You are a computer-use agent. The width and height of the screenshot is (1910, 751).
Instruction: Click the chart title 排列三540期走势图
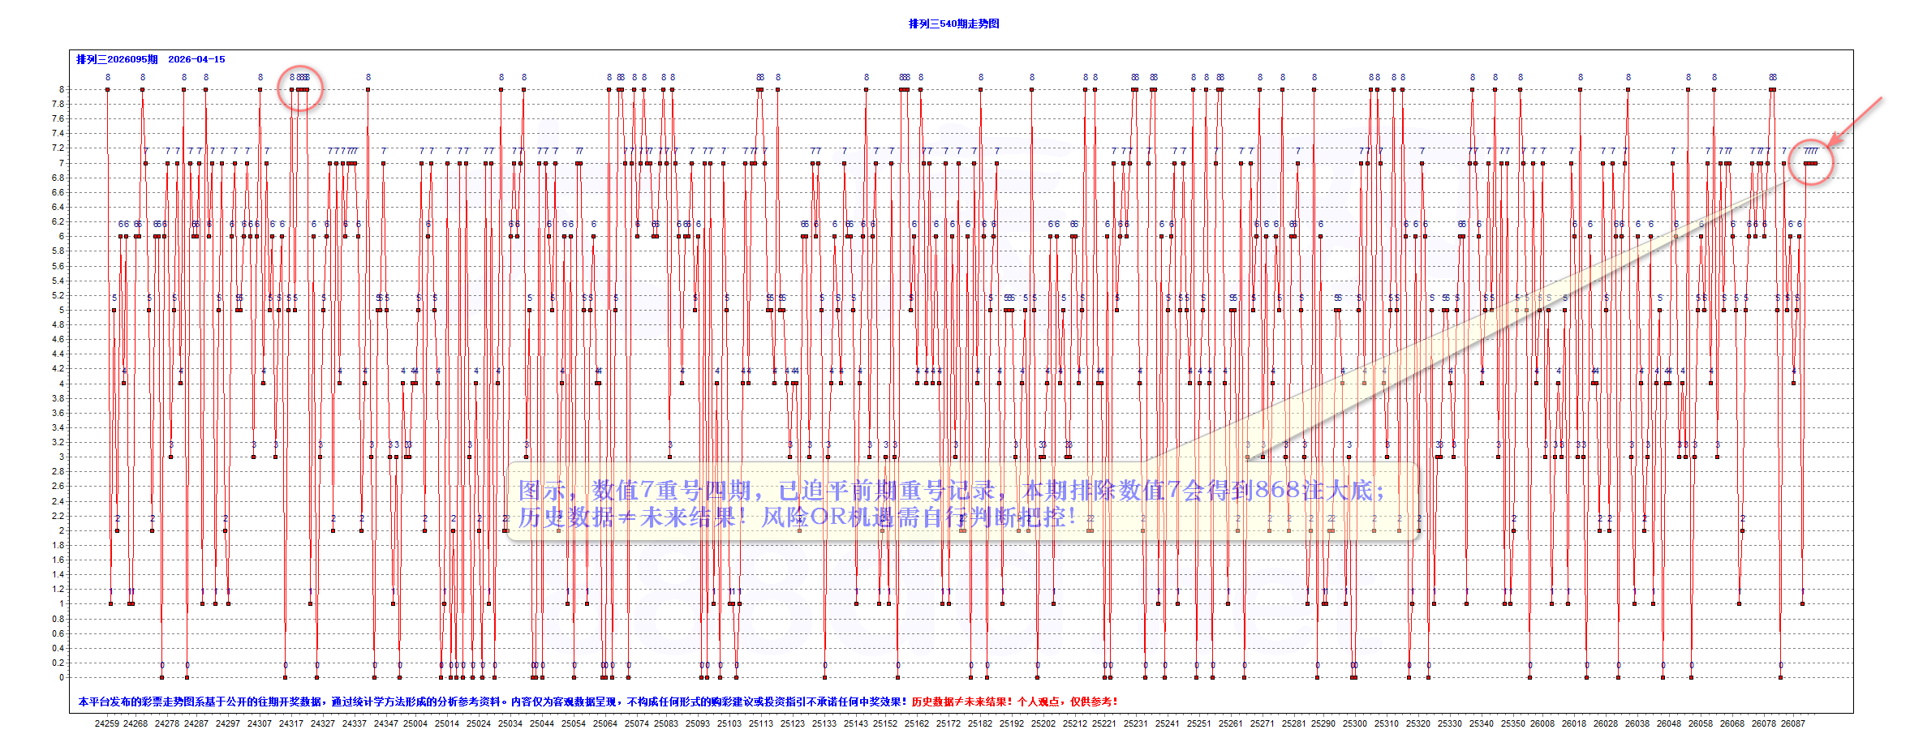click(953, 24)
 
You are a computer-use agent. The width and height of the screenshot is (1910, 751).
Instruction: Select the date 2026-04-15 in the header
click(196, 59)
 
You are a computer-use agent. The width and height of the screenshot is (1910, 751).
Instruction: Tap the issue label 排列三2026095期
click(117, 59)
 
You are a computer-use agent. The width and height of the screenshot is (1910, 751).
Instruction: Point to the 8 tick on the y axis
click(61, 89)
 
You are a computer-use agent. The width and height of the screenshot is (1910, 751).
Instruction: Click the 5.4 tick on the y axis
click(58, 281)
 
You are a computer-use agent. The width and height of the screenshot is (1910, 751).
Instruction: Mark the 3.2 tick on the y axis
click(58, 442)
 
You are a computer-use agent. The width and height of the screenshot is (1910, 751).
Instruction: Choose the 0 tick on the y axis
click(61, 677)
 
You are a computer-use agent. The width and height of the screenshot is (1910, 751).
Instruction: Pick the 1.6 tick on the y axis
click(58, 560)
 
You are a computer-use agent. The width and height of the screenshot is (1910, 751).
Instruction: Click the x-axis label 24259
click(107, 723)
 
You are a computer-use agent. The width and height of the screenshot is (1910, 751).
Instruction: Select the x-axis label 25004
click(415, 723)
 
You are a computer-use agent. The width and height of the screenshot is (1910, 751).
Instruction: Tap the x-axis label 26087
click(1793, 723)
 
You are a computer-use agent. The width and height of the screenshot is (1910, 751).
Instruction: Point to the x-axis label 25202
click(1043, 723)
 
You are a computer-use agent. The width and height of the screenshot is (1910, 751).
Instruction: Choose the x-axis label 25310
click(1387, 723)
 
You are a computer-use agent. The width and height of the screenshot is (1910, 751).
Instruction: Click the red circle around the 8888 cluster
click(300, 88)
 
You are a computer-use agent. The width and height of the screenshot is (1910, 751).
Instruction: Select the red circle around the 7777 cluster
click(1811, 162)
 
